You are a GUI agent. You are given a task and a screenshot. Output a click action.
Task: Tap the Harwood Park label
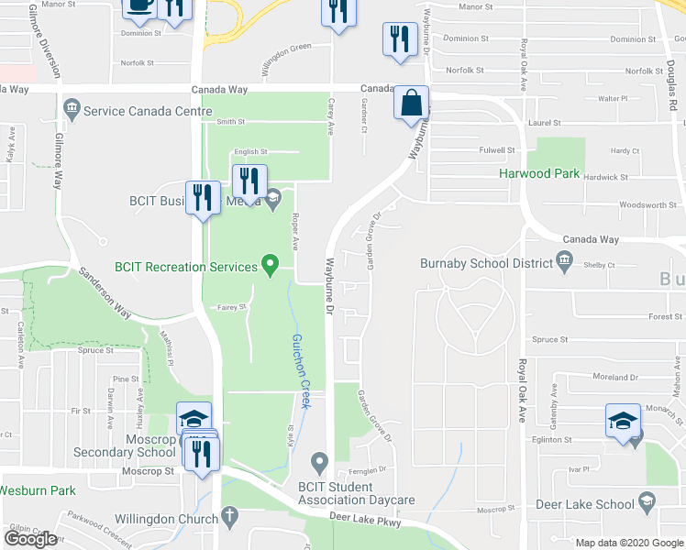point(539,172)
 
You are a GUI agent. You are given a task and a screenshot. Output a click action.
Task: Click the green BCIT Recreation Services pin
point(270,266)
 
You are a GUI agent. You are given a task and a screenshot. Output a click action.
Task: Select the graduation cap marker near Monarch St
point(623,422)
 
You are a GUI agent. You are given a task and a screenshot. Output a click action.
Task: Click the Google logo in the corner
point(30,539)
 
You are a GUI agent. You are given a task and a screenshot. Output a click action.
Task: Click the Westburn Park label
point(38,490)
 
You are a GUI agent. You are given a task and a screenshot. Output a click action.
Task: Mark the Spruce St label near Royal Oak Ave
point(550,339)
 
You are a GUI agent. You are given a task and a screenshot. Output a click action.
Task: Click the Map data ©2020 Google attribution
point(629,543)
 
